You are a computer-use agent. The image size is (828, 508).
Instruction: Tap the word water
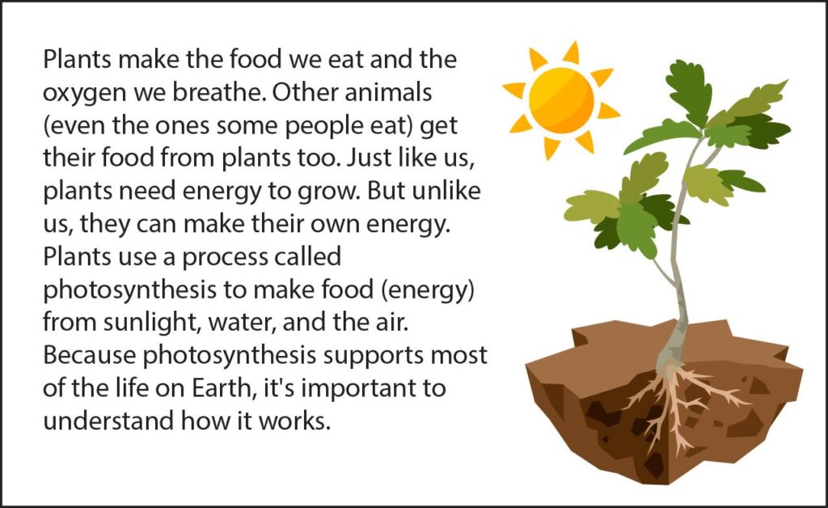[242, 324]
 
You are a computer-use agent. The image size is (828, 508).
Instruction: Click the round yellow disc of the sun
[561, 100]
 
